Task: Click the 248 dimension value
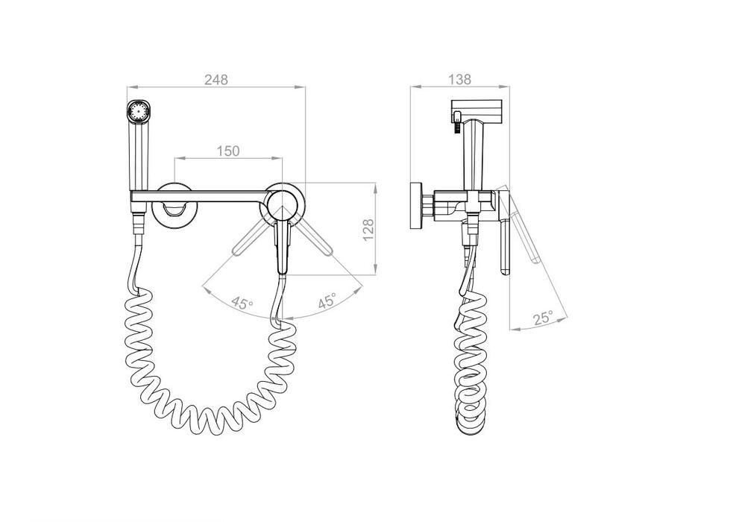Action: click(x=216, y=80)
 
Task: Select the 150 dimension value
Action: click(x=228, y=151)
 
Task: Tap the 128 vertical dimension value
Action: click(x=368, y=230)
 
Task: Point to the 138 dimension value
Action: click(x=459, y=80)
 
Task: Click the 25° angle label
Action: click(x=543, y=318)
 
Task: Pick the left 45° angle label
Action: click(x=242, y=303)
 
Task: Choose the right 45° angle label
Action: click(x=327, y=301)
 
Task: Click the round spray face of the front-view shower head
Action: click(x=139, y=113)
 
